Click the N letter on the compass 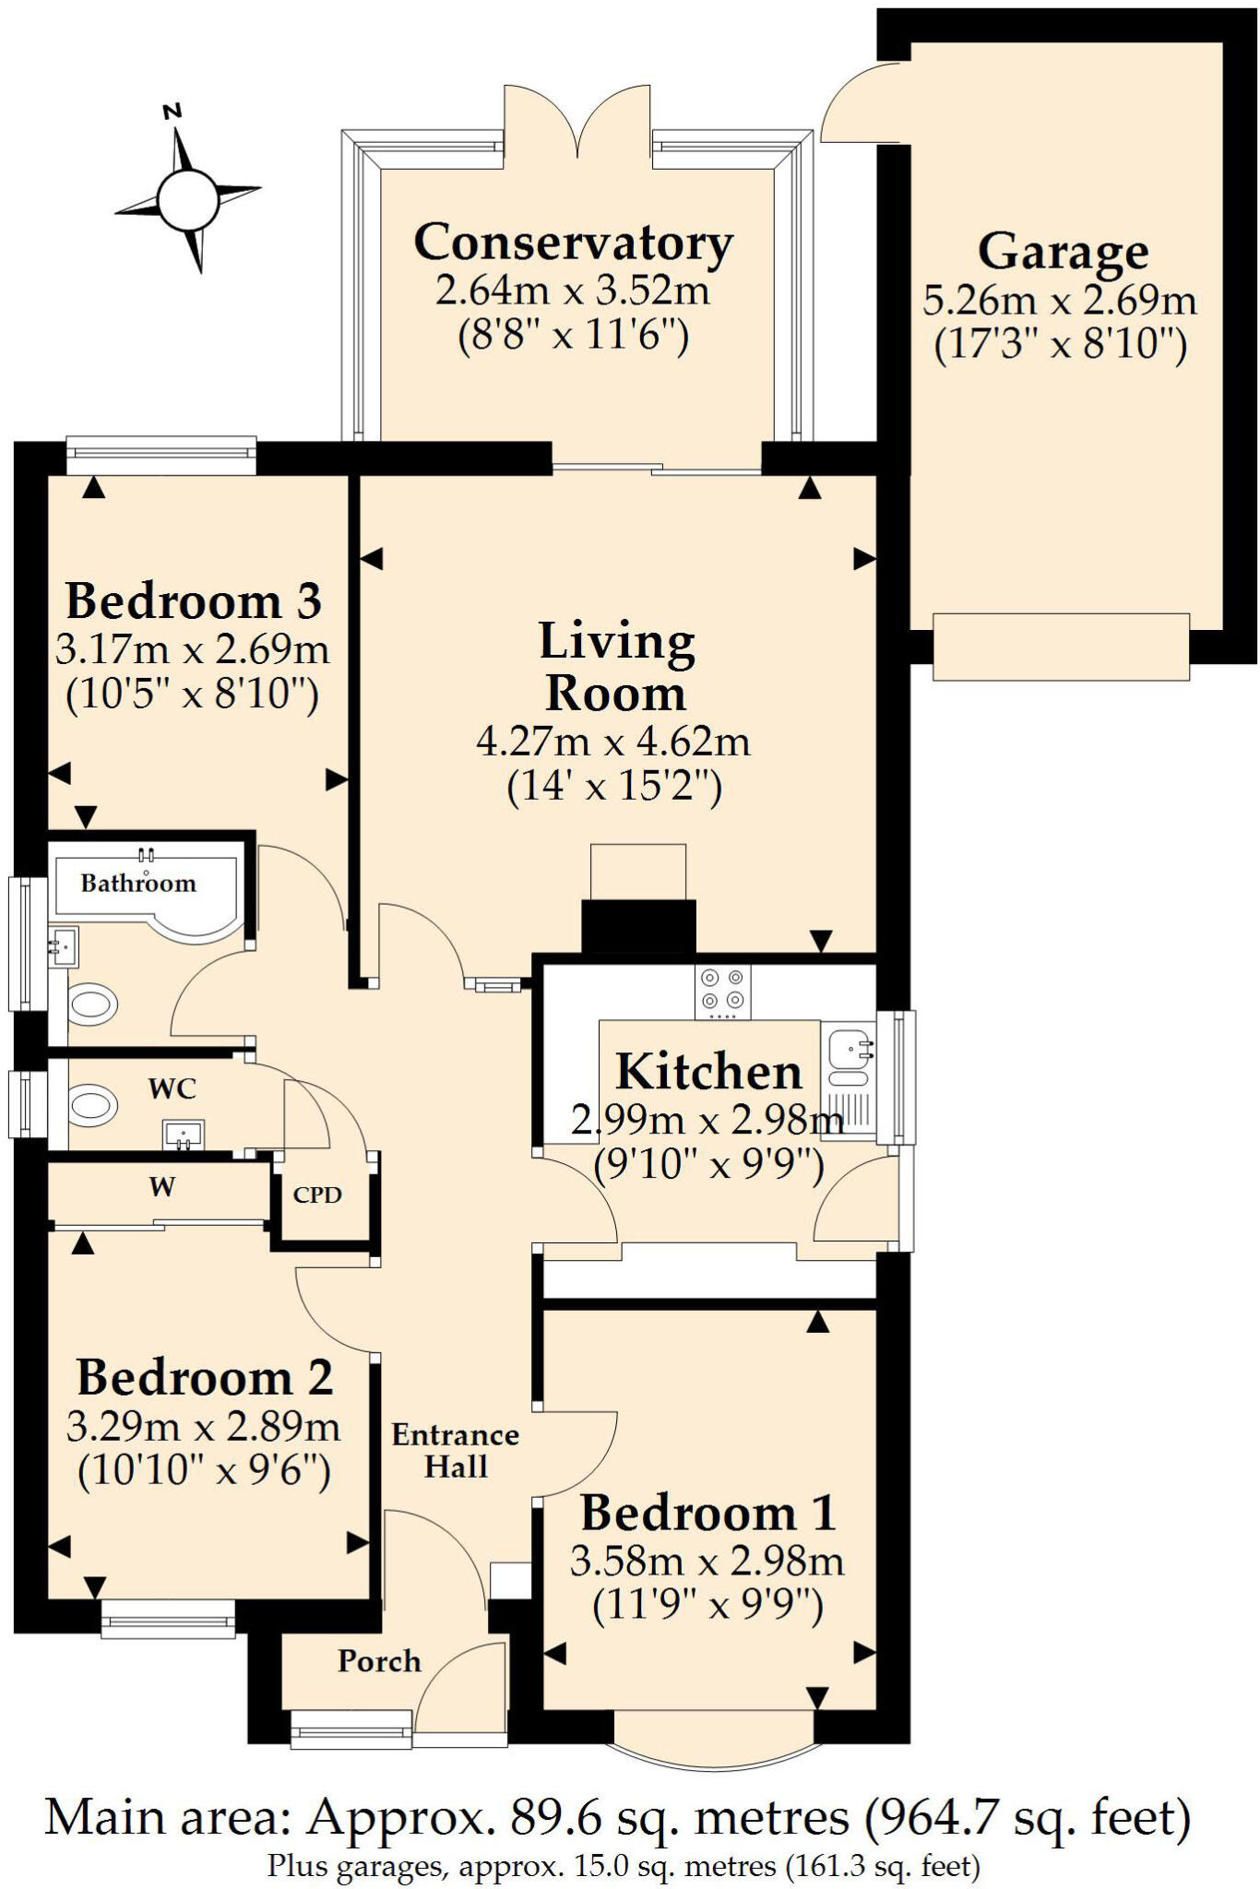(171, 113)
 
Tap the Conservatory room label (573, 243)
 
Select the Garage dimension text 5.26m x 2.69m (1060, 301)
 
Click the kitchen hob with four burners (722, 991)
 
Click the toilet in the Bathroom (92, 1004)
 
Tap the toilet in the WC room (92, 1103)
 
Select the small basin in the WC (184, 1134)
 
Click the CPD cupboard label (317, 1194)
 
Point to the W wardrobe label (162, 1187)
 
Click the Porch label (379, 1661)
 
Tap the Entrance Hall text (455, 1450)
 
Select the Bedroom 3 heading (194, 600)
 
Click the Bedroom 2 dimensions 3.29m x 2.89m (203, 1428)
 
